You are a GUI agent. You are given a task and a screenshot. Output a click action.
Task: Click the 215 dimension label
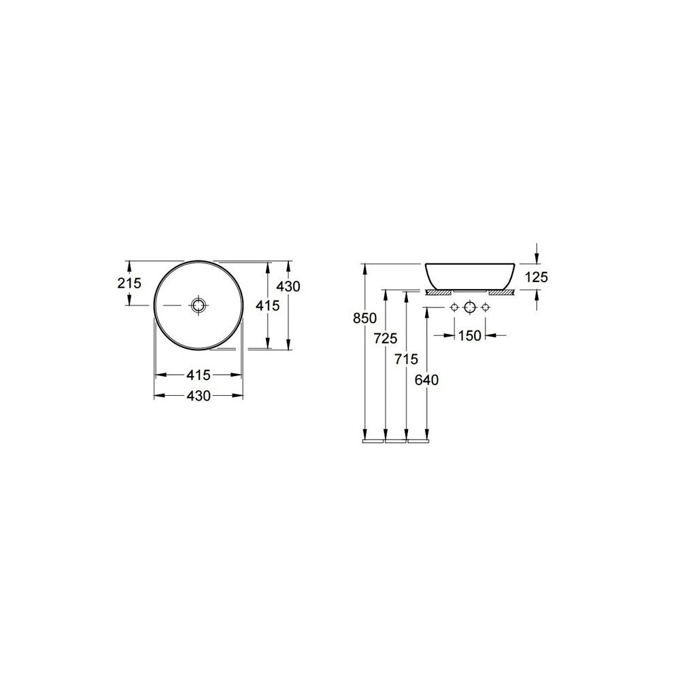[x=130, y=283]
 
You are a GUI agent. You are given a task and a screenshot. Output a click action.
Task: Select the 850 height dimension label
[x=364, y=318]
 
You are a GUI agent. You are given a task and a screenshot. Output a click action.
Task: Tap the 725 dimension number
[x=386, y=338]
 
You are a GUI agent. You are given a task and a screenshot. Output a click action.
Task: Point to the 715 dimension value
[x=407, y=359]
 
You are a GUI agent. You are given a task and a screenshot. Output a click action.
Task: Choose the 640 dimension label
[x=427, y=380]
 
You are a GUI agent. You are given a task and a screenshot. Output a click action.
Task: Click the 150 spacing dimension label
[x=470, y=336]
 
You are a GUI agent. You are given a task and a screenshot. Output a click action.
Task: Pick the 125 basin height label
[x=537, y=277]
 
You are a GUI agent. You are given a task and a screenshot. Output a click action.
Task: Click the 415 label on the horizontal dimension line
[x=198, y=375]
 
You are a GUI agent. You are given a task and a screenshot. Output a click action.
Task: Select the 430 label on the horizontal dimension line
[x=198, y=396]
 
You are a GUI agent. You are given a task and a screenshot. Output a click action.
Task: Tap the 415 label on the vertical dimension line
[x=267, y=306]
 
